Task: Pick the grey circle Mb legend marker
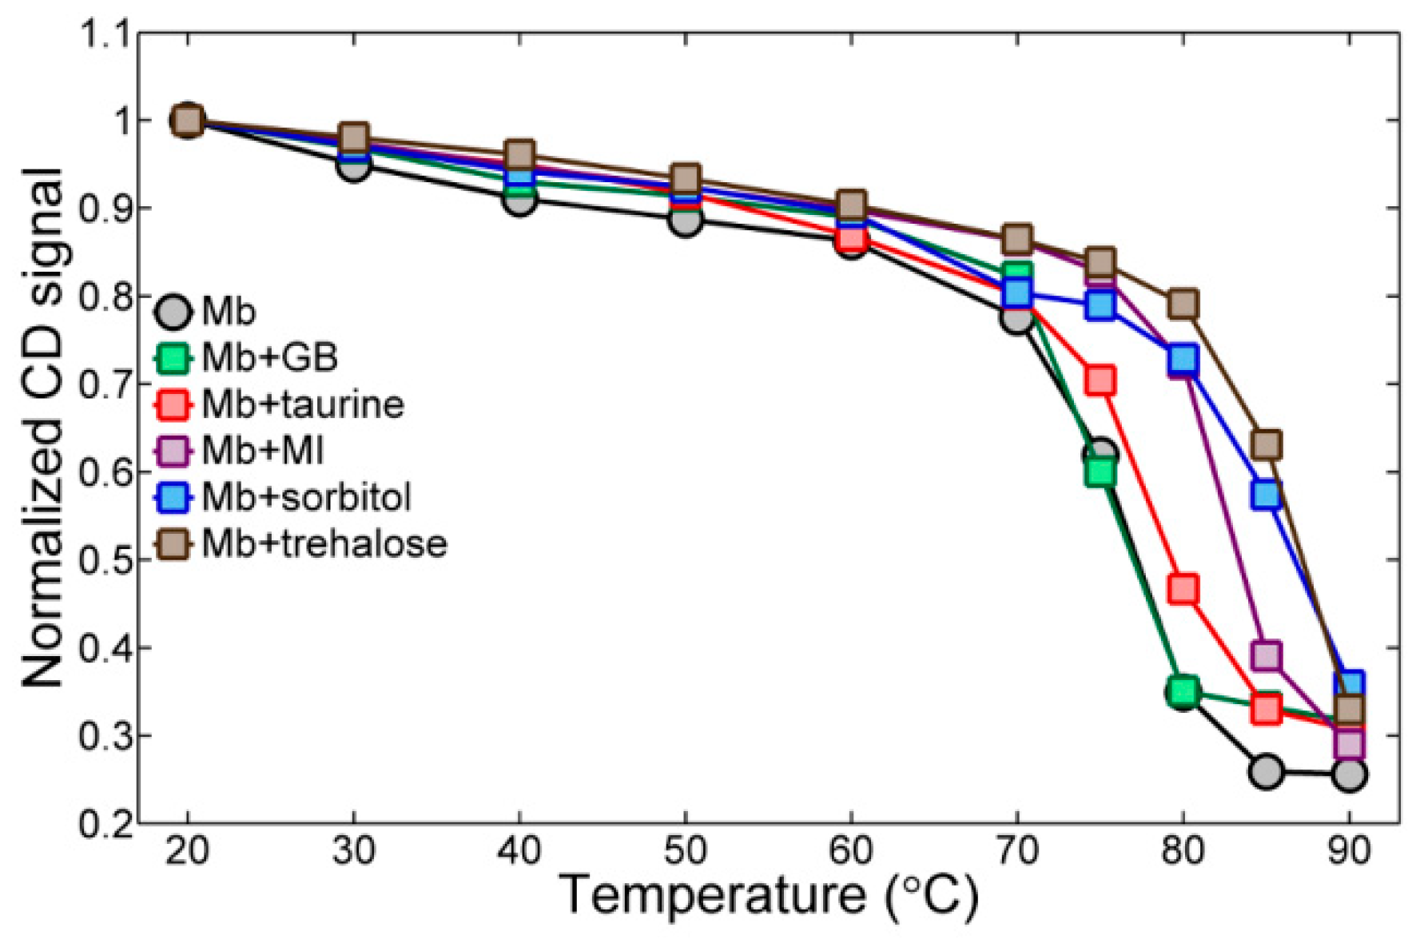pos(173,312)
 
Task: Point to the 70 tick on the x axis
pos(1016,850)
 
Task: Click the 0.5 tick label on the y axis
pos(105,560)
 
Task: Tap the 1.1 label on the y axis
pos(105,34)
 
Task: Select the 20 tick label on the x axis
pos(187,850)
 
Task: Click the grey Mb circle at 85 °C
pos(1266,772)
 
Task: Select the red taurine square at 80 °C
pos(1183,590)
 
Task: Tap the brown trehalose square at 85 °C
pos(1267,444)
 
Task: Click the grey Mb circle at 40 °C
pos(519,200)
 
